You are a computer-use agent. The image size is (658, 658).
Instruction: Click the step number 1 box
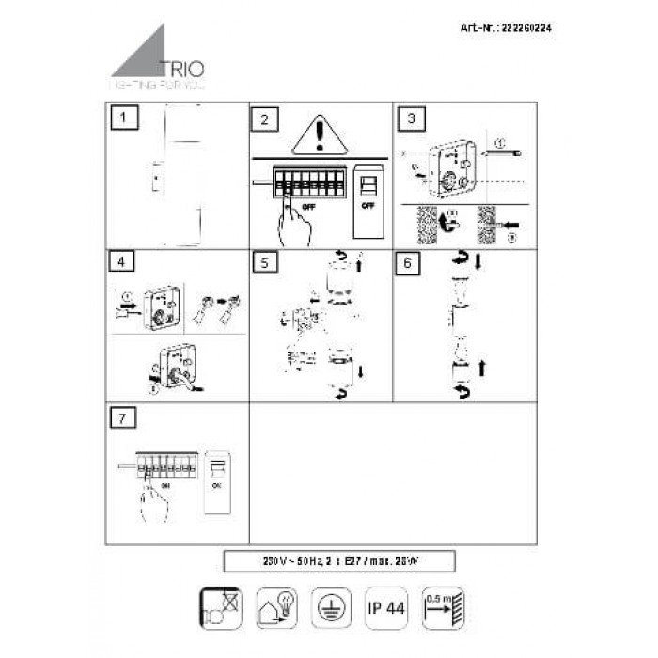tap(124, 119)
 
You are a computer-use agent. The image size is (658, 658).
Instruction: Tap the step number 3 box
tap(411, 119)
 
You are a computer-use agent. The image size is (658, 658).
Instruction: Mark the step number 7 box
tap(119, 417)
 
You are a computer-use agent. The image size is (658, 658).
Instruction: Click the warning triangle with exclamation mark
tap(320, 137)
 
